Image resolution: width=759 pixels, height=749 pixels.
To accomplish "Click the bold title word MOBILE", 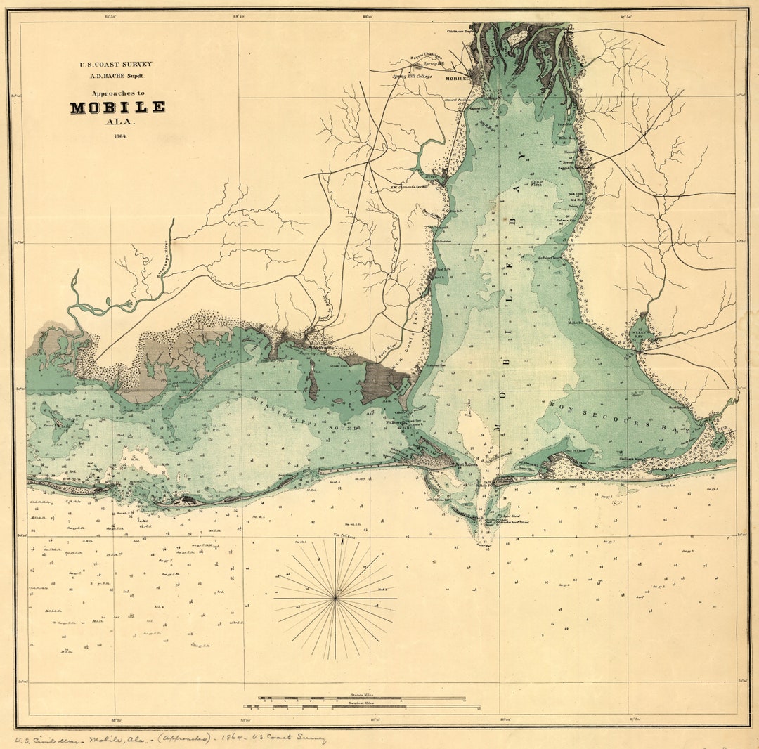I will point(117,108).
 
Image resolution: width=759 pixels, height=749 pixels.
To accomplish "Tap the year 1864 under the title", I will point(117,136).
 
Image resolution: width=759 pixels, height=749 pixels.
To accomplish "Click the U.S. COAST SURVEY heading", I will point(115,64).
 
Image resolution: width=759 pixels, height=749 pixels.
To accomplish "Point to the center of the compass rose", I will point(336,598).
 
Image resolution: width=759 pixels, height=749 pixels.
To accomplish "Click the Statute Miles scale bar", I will point(362,698).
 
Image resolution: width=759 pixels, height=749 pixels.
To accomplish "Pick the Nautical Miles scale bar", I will point(362,705).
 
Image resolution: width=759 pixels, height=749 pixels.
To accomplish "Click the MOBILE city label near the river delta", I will point(457,79).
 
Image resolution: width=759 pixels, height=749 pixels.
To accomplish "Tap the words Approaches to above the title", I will point(117,93).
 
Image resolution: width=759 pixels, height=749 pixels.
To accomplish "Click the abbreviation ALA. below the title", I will point(117,122).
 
